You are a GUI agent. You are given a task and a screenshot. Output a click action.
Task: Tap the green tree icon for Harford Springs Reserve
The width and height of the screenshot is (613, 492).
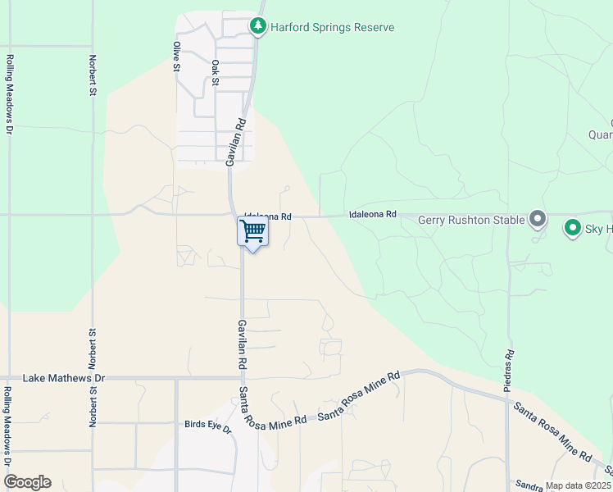(259, 27)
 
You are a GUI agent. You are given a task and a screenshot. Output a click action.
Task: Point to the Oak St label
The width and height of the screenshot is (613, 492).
(216, 72)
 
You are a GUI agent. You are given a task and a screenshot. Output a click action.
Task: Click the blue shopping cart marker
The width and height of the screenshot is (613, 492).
(253, 232)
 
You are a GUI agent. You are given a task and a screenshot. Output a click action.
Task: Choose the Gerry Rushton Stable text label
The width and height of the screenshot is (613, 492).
(470, 220)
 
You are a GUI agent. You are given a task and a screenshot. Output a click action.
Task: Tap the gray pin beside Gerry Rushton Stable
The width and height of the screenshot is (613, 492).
(538, 218)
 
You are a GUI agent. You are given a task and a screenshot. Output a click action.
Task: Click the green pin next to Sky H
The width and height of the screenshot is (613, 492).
(572, 229)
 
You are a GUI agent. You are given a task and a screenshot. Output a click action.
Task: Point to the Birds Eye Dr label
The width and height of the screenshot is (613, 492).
(208, 426)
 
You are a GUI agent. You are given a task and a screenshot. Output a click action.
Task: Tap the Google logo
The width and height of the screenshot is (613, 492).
(27, 482)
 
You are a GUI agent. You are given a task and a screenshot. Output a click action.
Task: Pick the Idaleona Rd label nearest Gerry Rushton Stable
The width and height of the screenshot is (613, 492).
(372, 214)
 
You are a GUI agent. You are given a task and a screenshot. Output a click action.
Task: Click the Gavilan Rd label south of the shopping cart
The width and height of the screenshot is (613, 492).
(242, 344)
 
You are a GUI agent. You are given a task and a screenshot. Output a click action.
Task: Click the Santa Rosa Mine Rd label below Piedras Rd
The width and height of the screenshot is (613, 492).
(552, 430)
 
